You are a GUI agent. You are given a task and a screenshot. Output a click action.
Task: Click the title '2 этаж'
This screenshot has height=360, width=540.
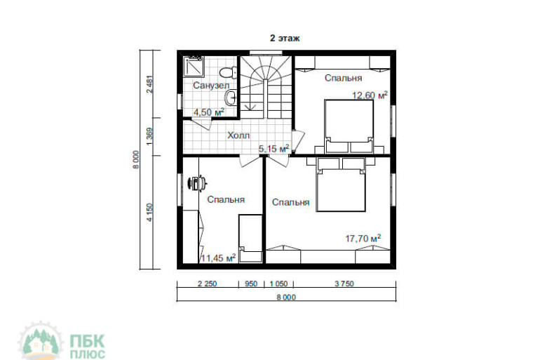point(285,38)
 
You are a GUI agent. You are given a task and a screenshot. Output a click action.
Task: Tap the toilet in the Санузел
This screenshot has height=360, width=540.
point(228,72)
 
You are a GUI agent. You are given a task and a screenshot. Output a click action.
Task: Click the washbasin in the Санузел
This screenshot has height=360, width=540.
point(231,97)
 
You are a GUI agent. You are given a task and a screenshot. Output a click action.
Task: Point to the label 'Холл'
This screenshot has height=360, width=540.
point(238,135)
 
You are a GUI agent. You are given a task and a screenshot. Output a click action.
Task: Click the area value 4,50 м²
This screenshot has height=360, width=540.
point(209,112)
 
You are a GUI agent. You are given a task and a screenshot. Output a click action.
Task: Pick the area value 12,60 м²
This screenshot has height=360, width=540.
point(370,95)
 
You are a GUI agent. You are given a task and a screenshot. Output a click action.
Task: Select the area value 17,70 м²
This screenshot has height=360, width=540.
point(363,238)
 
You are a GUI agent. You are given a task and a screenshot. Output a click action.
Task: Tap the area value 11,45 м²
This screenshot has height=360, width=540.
point(218,258)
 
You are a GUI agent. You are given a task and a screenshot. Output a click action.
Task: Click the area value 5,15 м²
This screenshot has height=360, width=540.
point(274,149)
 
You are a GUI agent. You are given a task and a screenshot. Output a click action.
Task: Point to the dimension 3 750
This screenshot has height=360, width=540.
point(344,284)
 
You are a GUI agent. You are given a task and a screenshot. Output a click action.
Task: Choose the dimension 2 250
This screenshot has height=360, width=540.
point(208,284)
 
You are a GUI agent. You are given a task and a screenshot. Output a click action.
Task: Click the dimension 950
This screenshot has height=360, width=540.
point(251,284)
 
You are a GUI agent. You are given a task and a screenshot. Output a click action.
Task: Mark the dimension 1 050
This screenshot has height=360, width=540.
point(278,284)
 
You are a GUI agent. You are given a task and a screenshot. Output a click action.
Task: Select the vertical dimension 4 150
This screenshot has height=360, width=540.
point(149,212)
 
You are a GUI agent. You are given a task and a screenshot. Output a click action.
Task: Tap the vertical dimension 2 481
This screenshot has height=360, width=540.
point(149,84)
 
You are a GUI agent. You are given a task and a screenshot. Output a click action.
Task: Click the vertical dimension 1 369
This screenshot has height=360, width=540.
point(149,136)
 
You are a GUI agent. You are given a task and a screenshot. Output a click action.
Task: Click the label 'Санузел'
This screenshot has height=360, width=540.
point(211,85)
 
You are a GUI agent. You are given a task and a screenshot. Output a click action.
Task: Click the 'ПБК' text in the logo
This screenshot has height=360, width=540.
point(87,341)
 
